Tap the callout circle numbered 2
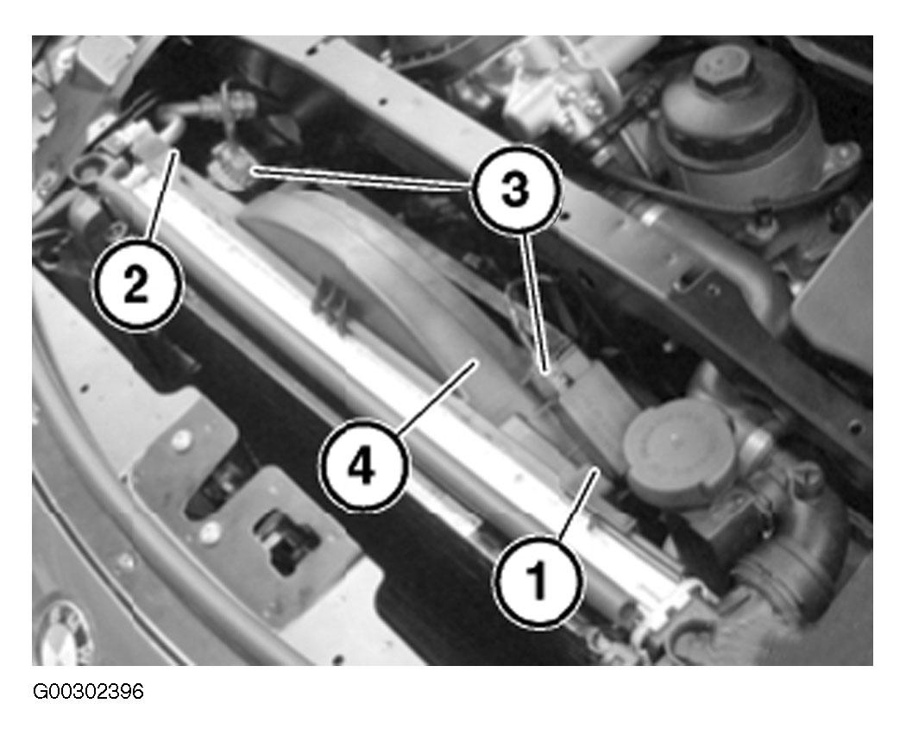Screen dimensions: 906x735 tap(137, 285)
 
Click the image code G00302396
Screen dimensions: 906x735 tap(88, 691)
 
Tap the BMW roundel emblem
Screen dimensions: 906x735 tap(65, 632)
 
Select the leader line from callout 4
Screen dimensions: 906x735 tap(437, 397)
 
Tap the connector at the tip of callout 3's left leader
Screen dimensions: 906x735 tap(230, 165)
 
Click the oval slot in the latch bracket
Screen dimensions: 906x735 tap(215, 491)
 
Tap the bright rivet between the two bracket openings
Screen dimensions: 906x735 tap(210, 531)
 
